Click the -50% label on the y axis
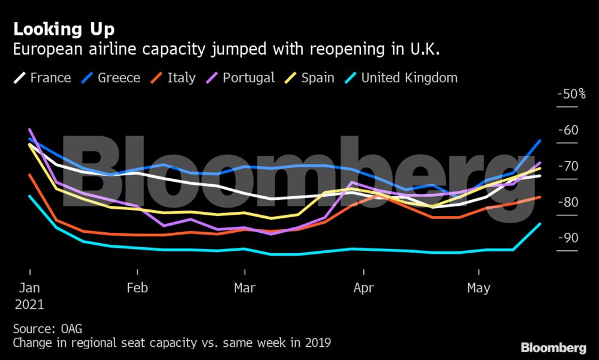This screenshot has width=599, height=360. [x=571, y=94]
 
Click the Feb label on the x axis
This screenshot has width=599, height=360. [x=137, y=288]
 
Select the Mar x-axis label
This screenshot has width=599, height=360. [x=245, y=288]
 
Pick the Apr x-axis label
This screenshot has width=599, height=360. [x=363, y=288]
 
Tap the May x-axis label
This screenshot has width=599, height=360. [x=478, y=288]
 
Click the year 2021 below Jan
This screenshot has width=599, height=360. [x=29, y=304]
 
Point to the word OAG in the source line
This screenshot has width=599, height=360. [x=70, y=329]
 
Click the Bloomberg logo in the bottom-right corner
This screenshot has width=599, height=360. [x=553, y=347]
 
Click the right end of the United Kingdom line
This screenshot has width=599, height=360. [x=540, y=224]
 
